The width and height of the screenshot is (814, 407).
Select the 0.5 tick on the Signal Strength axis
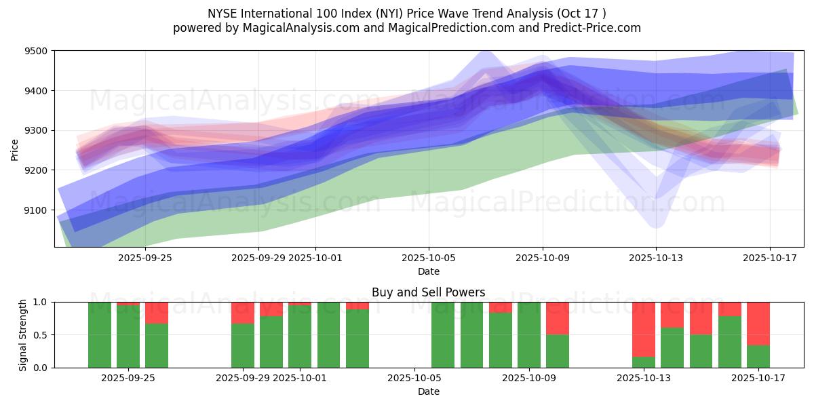point(41,335)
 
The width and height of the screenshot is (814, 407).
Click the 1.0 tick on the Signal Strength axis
point(41,302)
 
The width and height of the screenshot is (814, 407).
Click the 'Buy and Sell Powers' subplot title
point(428,292)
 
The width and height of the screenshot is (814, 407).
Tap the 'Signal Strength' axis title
point(22,334)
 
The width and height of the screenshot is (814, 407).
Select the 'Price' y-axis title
point(15,149)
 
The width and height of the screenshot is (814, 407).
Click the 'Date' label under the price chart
point(428,271)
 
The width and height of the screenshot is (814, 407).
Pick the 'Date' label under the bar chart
point(428,391)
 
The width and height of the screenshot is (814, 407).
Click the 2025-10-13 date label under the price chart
point(656,258)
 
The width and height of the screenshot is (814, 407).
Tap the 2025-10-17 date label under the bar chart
point(758,377)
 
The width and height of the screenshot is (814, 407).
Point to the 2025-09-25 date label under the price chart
point(144,258)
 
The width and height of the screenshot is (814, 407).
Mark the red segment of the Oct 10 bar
point(558,318)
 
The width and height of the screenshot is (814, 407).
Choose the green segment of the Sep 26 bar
point(157,345)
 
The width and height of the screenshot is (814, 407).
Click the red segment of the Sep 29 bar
point(243,313)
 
